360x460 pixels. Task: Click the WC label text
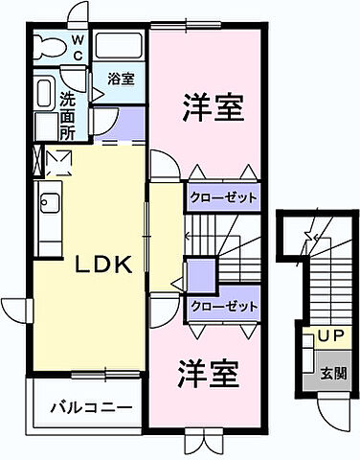[x=78, y=46]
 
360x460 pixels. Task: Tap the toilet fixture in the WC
[x=47, y=46]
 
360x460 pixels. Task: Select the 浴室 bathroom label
[x=120, y=79]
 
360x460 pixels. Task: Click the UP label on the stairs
[x=329, y=337]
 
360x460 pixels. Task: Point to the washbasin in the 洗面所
[x=43, y=94]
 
